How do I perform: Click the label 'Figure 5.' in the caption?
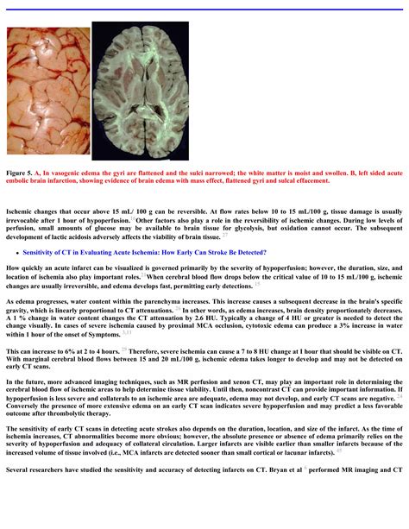coord(20,173)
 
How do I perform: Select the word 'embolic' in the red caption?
coord(22,181)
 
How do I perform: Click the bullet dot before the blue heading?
coord(17,252)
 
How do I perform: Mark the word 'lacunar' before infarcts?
coord(306,450)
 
